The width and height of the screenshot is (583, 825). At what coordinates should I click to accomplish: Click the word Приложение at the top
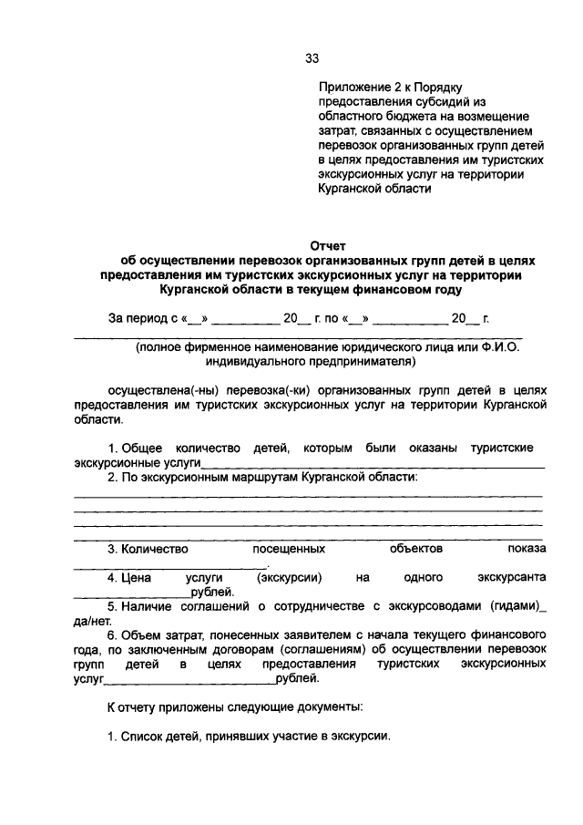point(351,88)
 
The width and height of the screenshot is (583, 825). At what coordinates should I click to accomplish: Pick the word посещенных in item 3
point(289,549)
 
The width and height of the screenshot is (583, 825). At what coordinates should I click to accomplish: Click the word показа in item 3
point(527,549)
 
